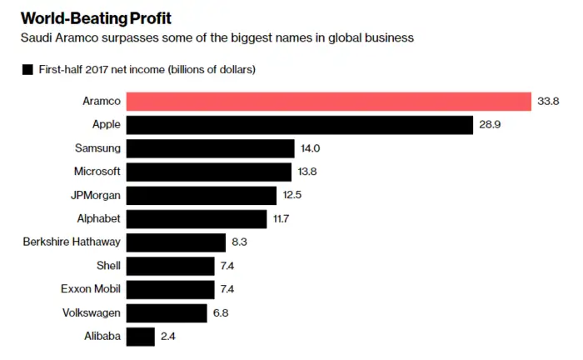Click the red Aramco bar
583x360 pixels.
(x=329, y=102)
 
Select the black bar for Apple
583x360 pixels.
(x=300, y=125)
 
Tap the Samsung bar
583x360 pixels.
(x=211, y=148)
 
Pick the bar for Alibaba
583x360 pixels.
(x=141, y=337)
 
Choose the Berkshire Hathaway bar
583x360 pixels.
(x=176, y=242)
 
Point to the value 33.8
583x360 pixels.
(x=548, y=101)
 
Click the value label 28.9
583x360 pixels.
(x=490, y=125)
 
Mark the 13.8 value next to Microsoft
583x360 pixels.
(x=307, y=172)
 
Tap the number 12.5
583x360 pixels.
(x=291, y=195)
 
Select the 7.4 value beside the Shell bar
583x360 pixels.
(x=227, y=266)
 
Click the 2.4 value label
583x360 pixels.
(x=168, y=337)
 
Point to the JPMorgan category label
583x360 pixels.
(x=96, y=196)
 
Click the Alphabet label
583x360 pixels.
(x=98, y=218)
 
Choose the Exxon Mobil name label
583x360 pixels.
(x=91, y=289)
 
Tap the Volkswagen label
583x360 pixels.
(x=92, y=313)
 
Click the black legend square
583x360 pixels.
(x=27, y=69)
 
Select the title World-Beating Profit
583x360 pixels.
(x=96, y=18)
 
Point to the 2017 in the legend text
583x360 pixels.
(x=97, y=69)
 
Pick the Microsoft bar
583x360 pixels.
(x=209, y=172)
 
